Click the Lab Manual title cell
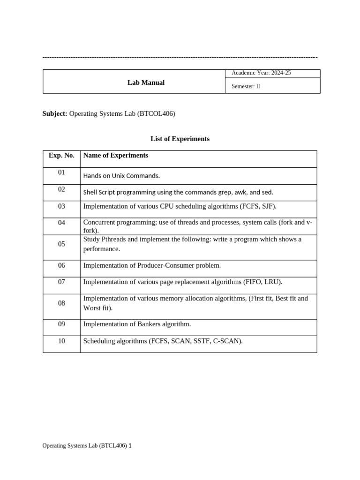(x=146, y=82)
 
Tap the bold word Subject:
(x=55, y=113)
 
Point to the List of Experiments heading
(x=180, y=139)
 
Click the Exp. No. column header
(x=61, y=156)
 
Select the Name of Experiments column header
(x=115, y=156)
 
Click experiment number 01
(x=61, y=172)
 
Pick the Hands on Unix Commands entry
(x=121, y=176)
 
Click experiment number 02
(x=61, y=189)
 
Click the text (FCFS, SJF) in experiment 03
(x=258, y=206)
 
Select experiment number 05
(x=61, y=244)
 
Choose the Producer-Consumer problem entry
(x=151, y=265)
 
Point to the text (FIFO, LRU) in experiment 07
(x=262, y=282)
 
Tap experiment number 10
(x=61, y=341)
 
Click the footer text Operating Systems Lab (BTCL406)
(x=84, y=446)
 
